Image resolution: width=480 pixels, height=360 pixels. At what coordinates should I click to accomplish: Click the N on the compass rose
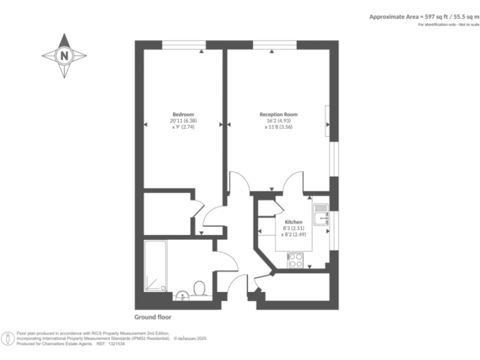[64, 56]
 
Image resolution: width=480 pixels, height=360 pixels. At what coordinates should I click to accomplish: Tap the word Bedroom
[183, 114]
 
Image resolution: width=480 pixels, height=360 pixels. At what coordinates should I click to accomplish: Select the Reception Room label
[279, 114]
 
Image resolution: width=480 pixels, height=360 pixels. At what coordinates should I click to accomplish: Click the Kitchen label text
[294, 222]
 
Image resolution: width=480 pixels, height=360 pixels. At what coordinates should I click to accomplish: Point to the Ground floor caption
[153, 317]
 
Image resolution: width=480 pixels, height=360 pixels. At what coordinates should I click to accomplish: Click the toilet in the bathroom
[200, 289]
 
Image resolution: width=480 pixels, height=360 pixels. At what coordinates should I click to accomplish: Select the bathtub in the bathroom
[154, 266]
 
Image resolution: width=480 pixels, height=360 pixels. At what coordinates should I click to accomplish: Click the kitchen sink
[321, 215]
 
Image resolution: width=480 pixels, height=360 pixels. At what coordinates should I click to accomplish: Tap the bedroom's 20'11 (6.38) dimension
[183, 121]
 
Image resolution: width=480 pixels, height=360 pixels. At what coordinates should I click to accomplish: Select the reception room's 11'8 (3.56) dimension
[279, 127]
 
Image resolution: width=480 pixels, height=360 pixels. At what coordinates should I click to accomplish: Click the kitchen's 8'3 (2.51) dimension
[294, 228]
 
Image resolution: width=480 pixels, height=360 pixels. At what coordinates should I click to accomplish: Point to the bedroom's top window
[184, 45]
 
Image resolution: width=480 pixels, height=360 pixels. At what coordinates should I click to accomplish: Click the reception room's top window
[275, 45]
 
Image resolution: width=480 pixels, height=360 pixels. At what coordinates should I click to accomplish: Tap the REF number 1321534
[117, 343]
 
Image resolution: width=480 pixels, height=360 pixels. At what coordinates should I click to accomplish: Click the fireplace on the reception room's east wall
[327, 121]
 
